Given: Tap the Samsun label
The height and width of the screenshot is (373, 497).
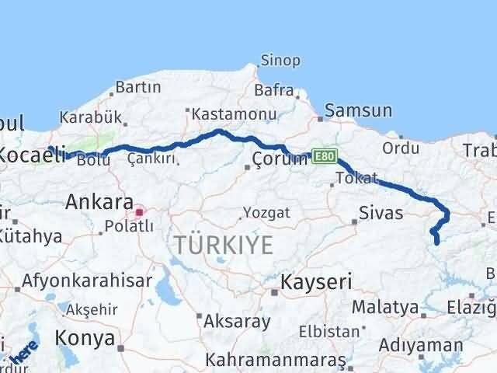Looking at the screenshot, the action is pyautogui.click(x=358, y=111).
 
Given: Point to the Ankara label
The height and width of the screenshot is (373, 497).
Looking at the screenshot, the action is pyautogui.click(x=99, y=202).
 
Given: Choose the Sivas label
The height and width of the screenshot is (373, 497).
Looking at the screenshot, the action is pyautogui.click(x=381, y=211).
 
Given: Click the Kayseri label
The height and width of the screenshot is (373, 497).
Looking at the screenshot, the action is pyautogui.click(x=316, y=280).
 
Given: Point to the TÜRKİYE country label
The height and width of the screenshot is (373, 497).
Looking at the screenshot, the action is pyautogui.click(x=223, y=246).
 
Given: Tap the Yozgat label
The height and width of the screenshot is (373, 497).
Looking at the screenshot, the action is pyautogui.click(x=266, y=212).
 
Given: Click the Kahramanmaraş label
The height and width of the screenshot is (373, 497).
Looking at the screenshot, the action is pyautogui.click(x=276, y=361).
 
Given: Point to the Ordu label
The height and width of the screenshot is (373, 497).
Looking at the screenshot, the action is pyautogui.click(x=401, y=147).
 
